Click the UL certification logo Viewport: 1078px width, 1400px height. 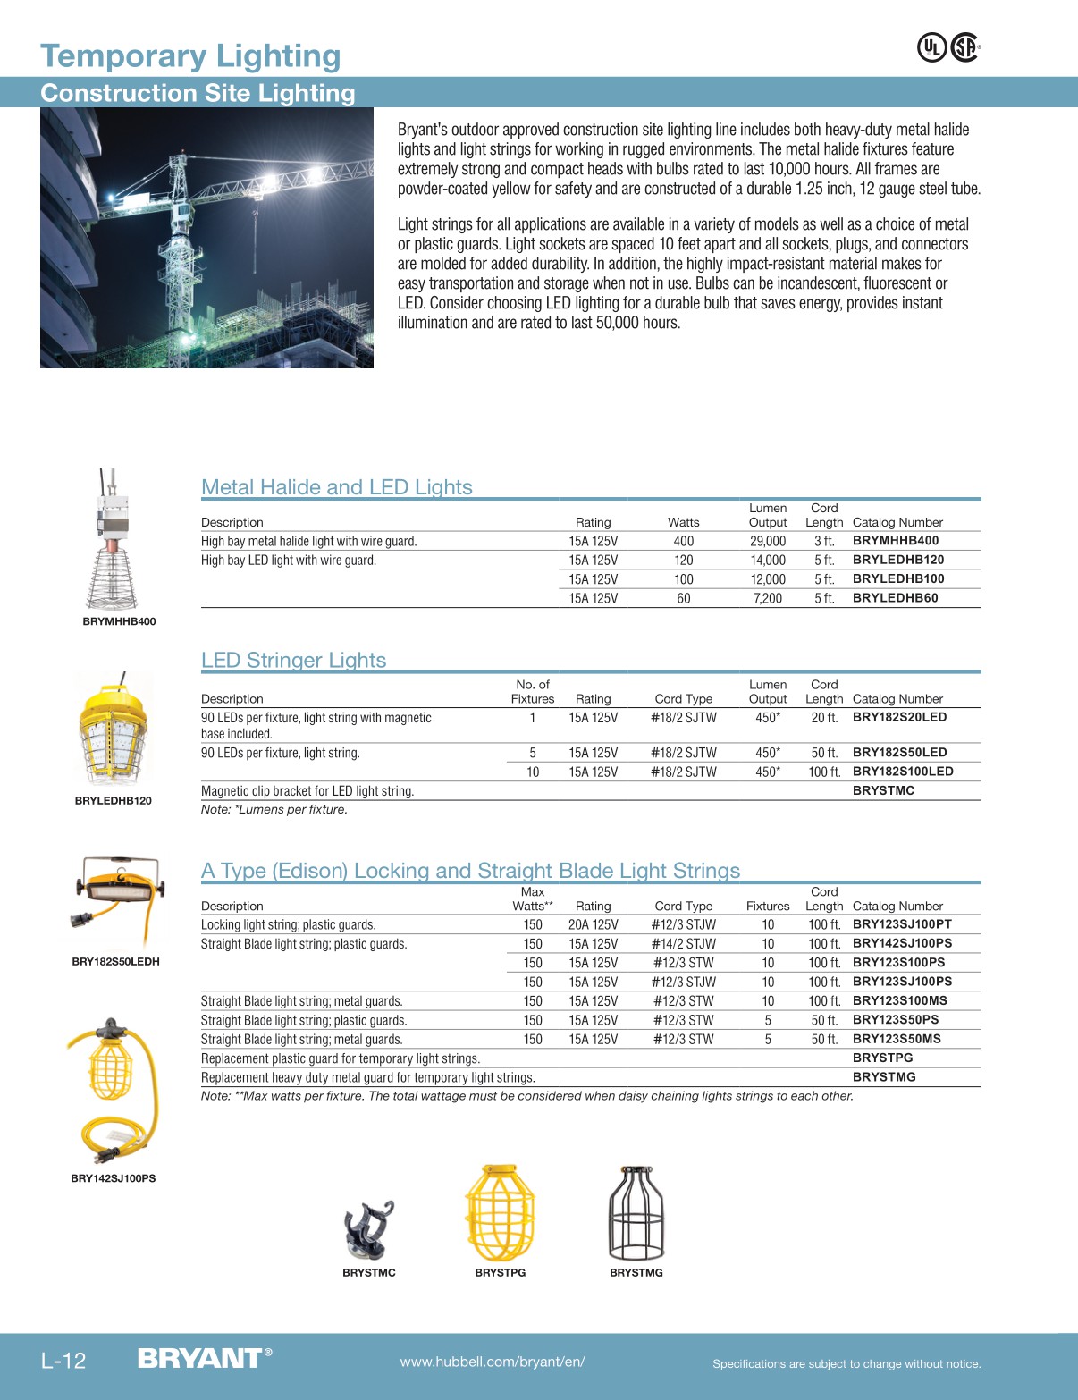931,47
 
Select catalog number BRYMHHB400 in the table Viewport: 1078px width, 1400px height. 895,541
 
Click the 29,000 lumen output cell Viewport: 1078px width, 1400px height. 768,541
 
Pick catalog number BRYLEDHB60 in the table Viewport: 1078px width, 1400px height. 895,598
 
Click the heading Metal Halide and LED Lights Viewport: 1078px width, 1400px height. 337,487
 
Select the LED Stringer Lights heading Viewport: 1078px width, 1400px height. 293,660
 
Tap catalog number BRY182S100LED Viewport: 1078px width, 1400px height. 903,772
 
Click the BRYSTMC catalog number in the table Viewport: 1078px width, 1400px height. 883,790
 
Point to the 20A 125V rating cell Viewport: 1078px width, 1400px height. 593,924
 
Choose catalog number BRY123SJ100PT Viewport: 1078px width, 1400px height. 902,924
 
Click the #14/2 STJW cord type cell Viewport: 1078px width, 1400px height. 684,944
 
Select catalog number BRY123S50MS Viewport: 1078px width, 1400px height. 897,1039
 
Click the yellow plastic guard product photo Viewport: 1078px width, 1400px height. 501,1213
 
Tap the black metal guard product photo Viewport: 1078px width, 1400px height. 636,1213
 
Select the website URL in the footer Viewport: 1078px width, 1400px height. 493,1362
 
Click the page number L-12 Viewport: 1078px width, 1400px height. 63,1362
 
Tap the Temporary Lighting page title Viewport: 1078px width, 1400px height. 190,56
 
